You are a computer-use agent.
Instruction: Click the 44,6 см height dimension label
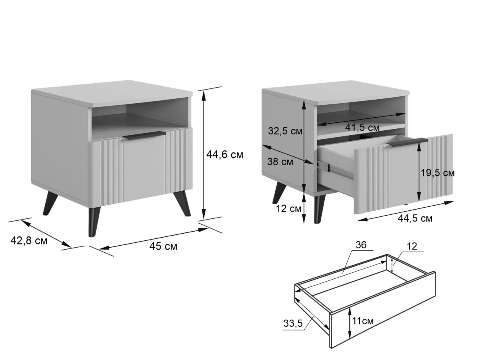[x=224, y=155]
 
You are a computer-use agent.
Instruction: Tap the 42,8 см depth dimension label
[x=29, y=241]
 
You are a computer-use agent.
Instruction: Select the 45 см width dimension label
[x=163, y=246]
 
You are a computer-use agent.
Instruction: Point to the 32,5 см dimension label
[x=285, y=131]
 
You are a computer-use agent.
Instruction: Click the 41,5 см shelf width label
[x=362, y=128]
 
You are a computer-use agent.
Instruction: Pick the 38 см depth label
[x=280, y=162]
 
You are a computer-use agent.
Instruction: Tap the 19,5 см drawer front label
[x=438, y=173]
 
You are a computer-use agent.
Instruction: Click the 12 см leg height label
[x=288, y=209]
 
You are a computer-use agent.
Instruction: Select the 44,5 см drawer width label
[x=415, y=218]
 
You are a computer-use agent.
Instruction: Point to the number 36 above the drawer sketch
[x=361, y=245]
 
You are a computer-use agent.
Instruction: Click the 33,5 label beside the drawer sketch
[x=293, y=323]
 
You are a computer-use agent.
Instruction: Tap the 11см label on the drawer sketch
[x=363, y=321]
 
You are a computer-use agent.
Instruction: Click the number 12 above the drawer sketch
[x=412, y=246]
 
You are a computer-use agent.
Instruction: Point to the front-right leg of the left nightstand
[x=182, y=203]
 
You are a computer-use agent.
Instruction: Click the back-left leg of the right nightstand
[x=278, y=192]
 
